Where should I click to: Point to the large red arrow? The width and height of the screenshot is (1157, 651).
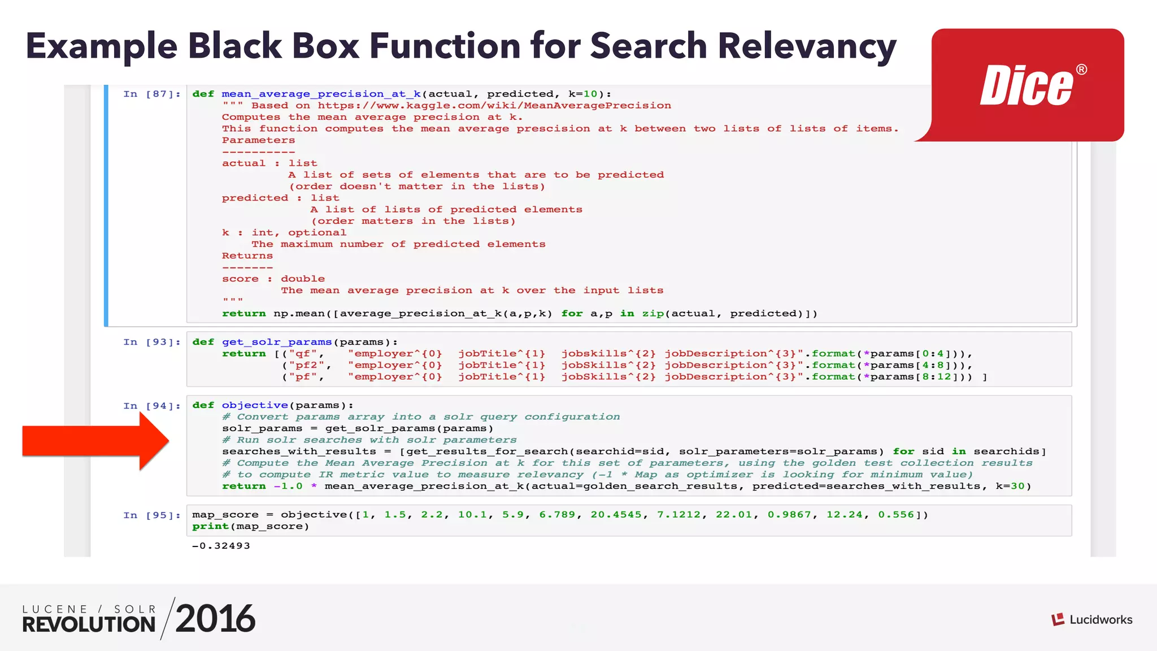(x=96, y=441)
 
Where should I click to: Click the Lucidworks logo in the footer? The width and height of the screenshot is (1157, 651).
(x=1091, y=619)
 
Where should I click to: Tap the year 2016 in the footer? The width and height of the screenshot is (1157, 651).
(x=215, y=619)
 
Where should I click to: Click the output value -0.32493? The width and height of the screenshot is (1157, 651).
(x=221, y=546)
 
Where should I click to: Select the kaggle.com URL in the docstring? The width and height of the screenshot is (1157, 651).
(x=494, y=106)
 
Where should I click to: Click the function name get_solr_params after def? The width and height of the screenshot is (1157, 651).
(x=277, y=342)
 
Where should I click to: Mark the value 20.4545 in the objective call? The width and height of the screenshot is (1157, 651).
(x=616, y=515)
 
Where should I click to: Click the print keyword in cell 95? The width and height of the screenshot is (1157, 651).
(x=210, y=527)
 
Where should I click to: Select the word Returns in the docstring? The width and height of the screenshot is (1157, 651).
(x=247, y=256)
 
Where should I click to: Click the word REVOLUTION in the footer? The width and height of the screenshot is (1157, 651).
(x=89, y=624)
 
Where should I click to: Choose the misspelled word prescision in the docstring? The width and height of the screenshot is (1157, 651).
(x=553, y=129)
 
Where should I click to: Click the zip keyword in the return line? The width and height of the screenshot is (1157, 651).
(x=653, y=314)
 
